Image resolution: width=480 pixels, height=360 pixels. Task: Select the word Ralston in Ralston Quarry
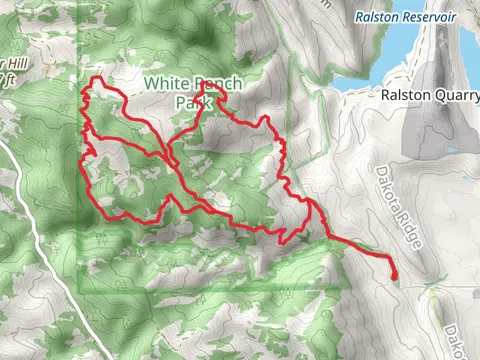pyautogui.click(x=403, y=96)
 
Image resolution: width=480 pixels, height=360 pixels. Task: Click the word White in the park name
pyautogui.click(x=164, y=85)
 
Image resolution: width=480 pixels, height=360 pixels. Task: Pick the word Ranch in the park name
pyautogui.click(x=211, y=85)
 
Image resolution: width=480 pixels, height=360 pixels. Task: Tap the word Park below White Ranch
pyautogui.click(x=191, y=102)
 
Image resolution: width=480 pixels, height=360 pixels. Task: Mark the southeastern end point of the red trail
pyautogui.click(x=393, y=275)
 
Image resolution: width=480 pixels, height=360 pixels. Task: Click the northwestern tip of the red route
pyautogui.click(x=96, y=79)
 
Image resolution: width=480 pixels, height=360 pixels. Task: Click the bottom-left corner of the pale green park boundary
pyautogui.click(x=80, y=292)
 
